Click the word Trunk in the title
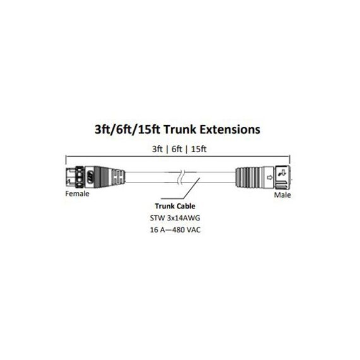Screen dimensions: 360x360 (179, 129)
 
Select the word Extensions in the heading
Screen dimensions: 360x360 (230, 129)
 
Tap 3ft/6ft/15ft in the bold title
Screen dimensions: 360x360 (127, 129)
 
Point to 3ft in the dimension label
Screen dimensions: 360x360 (157, 149)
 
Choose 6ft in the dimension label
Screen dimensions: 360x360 (177, 149)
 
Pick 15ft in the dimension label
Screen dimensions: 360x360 (199, 149)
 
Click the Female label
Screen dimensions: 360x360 (77, 193)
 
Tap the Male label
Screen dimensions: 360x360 (282, 195)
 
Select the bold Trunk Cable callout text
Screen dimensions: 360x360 (175, 206)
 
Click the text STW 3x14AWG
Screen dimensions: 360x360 (175, 218)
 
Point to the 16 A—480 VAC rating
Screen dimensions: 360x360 (175, 230)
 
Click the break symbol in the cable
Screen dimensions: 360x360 (181, 177)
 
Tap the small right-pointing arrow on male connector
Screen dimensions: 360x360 (270, 177)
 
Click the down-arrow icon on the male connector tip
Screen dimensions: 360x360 (283, 172)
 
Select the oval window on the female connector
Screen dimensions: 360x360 (90, 177)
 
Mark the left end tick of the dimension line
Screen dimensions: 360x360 (66, 160)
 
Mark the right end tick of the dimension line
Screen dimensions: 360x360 (290, 160)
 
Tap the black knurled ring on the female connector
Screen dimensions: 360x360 (80, 177)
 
